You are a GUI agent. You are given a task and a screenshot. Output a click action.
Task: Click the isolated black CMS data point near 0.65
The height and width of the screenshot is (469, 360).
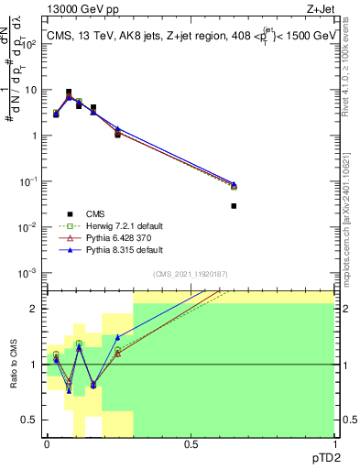(234, 206)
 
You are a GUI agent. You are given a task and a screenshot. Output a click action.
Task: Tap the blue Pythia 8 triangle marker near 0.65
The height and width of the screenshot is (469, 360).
(234, 183)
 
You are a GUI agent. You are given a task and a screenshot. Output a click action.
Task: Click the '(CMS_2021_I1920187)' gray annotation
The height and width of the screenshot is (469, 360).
(190, 274)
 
